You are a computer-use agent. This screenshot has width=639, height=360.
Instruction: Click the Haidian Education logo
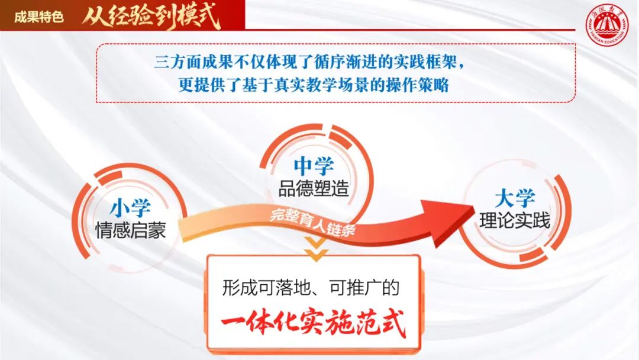607,25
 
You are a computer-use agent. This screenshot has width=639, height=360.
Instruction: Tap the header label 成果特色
39,17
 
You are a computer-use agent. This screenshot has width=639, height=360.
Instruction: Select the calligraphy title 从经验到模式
151,17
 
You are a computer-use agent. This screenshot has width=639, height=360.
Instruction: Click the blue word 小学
130,208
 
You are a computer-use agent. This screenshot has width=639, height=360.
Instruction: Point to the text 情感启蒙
130,230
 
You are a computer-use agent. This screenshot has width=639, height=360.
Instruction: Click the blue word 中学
314,166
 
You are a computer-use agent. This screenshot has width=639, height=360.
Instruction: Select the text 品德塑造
314,189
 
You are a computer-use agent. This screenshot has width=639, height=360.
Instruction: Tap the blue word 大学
515,198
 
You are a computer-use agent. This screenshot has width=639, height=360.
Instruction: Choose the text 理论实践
515,221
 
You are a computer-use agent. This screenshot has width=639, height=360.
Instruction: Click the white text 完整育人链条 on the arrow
313,223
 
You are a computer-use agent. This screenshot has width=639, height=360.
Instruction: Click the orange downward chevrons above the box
316,249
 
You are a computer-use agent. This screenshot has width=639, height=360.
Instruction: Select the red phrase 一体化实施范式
314,323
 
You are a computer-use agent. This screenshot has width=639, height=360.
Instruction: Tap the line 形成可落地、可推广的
311,288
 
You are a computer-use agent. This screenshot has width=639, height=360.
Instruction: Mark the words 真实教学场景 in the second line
314,85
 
